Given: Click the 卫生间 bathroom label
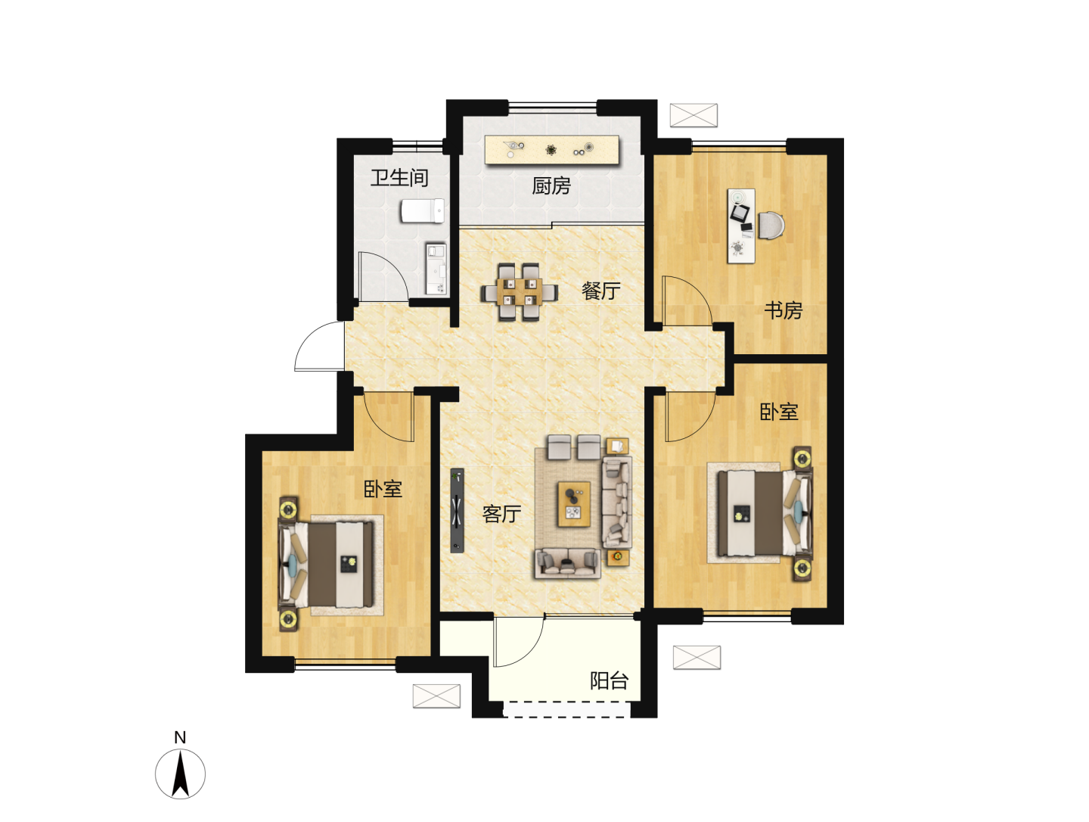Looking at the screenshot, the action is (x=399, y=178).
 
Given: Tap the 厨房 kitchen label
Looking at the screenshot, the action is (x=551, y=185).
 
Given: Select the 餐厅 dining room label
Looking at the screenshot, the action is (x=600, y=291).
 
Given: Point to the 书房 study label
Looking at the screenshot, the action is (x=783, y=310).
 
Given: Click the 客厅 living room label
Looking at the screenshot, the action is (x=501, y=514).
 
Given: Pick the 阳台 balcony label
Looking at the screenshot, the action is (x=610, y=680).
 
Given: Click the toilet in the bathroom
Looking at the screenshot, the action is (x=423, y=211).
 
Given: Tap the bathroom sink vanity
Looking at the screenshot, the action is (x=436, y=269).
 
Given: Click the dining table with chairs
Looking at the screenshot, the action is (x=519, y=292).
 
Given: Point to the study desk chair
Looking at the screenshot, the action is (x=771, y=226).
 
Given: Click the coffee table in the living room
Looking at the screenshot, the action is (x=574, y=503).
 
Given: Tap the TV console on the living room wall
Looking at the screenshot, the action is (x=457, y=510).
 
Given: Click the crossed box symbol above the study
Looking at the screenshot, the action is (x=693, y=115).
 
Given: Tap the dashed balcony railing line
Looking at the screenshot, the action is (x=566, y=708).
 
